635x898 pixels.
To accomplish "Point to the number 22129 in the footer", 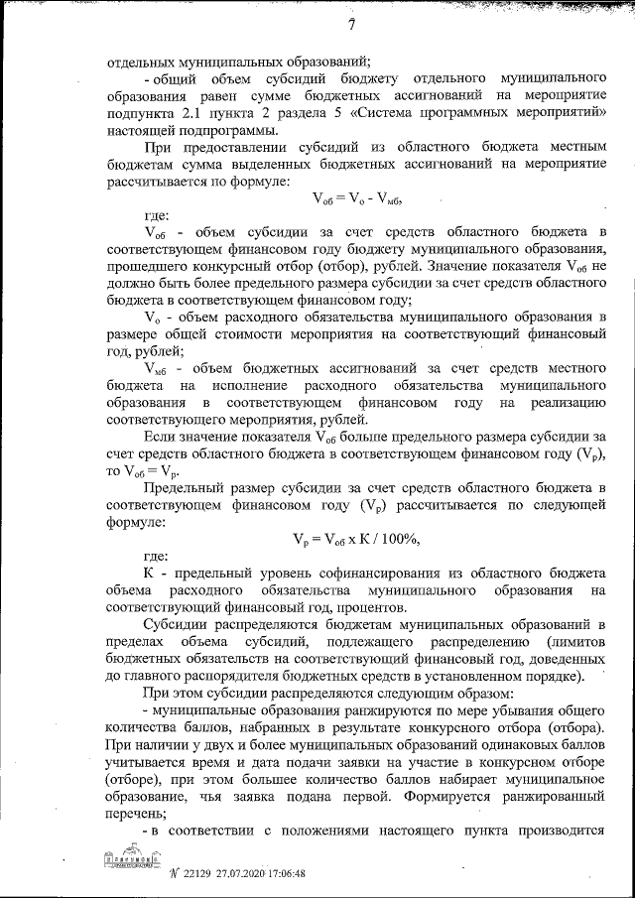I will (184, 874).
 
